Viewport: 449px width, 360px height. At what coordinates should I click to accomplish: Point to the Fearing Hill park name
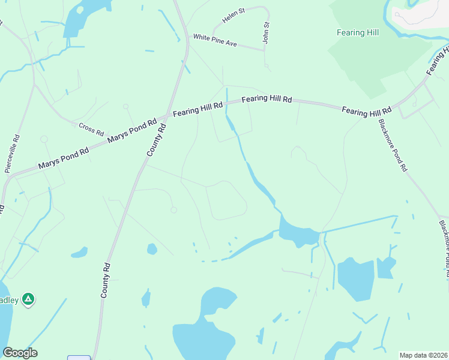pos(358,32)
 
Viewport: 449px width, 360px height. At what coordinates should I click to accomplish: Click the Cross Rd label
pos(91,128)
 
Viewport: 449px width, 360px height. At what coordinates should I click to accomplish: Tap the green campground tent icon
pos(28,298)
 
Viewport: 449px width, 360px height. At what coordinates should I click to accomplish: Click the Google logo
pos(20,353)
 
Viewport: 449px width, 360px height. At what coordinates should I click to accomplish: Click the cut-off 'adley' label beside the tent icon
pos(8,299)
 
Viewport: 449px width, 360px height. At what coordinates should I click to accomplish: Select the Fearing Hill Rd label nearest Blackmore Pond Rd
pos(366,111)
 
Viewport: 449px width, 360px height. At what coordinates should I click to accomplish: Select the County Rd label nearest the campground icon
pos(106,280)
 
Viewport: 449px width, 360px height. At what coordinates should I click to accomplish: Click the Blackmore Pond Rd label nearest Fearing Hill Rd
pos(393,145)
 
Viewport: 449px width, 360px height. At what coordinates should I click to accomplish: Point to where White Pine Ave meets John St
pos(264,50)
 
